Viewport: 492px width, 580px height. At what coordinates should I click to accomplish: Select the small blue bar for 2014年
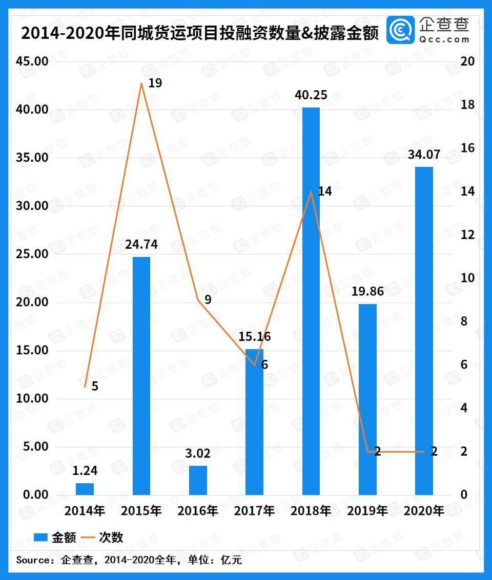coord(85,489)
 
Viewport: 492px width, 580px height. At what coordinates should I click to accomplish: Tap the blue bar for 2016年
coord(198,480)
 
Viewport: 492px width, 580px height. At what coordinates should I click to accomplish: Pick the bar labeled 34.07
coord(424,331)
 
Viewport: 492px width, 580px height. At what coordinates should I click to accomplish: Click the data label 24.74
coord(141,245)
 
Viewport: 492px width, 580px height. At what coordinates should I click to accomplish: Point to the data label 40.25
coord(311,95)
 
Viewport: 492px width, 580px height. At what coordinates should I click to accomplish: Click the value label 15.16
coord(255,337)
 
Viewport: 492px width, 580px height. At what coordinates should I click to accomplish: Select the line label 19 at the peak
coord(155,82)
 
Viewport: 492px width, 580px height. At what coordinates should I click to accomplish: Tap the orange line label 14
coord(325,191)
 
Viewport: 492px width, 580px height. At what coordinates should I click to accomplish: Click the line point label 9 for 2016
coord(208,299)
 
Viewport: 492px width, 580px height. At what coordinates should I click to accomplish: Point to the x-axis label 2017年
coord(254,510)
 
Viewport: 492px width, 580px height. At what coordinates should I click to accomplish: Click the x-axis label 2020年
coord(424,510)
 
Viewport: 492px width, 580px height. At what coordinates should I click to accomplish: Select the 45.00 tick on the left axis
coord(33,61)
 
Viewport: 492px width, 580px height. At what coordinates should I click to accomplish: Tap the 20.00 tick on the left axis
coord(33,302)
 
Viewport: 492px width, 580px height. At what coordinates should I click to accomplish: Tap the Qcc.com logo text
coord(444,39)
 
